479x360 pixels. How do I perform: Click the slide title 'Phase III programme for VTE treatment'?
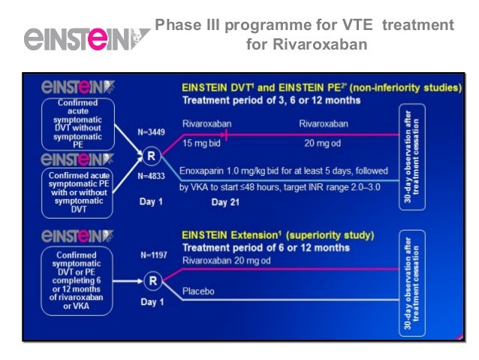coord(304,26)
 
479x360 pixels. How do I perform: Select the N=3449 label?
coord(152,131)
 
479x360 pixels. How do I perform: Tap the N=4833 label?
coord(152,177)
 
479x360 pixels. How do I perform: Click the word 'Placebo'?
coord(200,289)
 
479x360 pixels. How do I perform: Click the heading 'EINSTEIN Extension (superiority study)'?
coord(278,234)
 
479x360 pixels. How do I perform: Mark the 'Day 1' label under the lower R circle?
coord(152,301)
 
